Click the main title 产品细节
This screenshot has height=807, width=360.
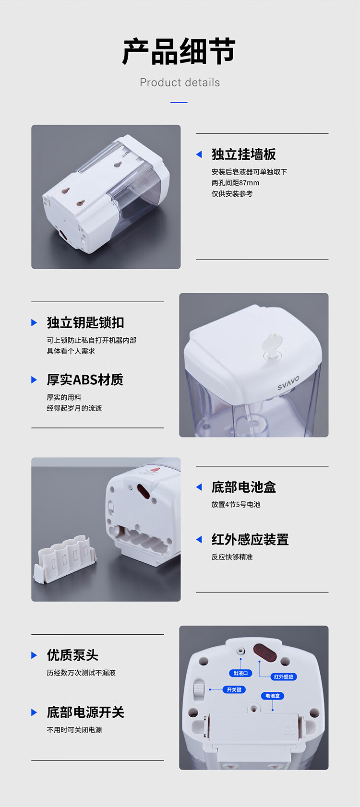click(179, 52)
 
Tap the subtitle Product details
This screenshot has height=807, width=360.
click(180, 83)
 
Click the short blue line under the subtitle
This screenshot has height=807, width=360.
click(179, 102)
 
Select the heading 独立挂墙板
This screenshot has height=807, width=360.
click(244, 154)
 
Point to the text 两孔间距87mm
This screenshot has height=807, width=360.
click(235, 183)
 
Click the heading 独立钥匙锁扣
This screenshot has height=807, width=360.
click(85, 322)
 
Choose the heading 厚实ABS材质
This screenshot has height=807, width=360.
click(85, 380)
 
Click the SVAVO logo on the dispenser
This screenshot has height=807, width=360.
click(288, 383)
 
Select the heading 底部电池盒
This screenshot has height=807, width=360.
click(244, 487)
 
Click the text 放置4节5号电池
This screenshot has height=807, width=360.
click(236, 504)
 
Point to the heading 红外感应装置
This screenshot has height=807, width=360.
click(250, 539)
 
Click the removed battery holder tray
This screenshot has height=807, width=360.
click(65, 558)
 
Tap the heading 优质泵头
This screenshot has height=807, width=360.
click(72, 655)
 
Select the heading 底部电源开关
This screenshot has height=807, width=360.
click(85, 712)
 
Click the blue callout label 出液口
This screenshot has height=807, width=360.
click(240, 673)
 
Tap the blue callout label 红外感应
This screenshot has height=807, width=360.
click(284, 676)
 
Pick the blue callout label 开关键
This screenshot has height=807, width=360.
click(234, 689)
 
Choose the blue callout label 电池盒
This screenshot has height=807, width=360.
click(273, 696)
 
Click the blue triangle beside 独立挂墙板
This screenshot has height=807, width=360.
click(199, 154)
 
